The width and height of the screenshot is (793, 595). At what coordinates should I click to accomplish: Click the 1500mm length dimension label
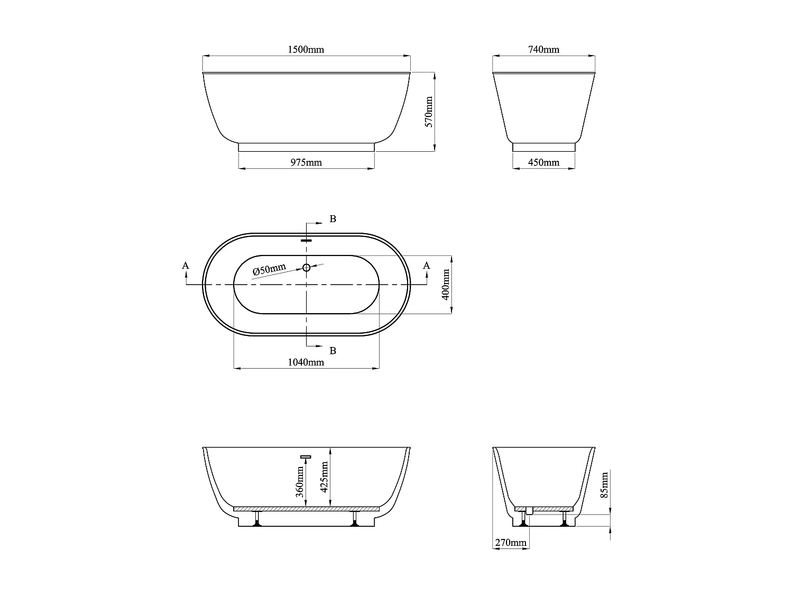click(x=306, y=50)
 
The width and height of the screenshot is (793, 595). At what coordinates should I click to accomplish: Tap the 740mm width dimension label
click(x=543, y=50)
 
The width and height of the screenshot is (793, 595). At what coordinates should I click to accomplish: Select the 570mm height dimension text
click(x=429, y=112)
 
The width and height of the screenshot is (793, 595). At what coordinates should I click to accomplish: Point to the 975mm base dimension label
click(x=306, y=162)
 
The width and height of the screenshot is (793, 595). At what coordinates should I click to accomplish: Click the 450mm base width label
click(x=543, y=162)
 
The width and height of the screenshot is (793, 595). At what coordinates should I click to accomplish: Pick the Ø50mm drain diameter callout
click(x=269, y=269)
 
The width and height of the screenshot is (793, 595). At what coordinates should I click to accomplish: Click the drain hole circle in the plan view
click(x=306, y=268)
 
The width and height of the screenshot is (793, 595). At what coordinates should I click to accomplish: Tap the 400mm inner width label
click(x=446, y=285)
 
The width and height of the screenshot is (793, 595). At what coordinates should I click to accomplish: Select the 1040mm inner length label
click(x=306, y=362)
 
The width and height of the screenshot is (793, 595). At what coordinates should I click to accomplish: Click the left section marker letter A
click(x=186, y=266)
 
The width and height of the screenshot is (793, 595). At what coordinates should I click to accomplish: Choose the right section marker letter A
click(x=427, y=266)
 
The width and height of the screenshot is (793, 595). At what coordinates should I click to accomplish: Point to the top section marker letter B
click(x=333, y=219)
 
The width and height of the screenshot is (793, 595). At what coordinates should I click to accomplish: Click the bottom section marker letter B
click(x=333, y=351)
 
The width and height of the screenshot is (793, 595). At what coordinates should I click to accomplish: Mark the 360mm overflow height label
click(x=300, y=481)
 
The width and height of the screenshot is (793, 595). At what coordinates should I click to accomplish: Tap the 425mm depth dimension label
click(x=325, y=476)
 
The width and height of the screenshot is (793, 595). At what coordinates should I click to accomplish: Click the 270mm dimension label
click(x=511, y=543)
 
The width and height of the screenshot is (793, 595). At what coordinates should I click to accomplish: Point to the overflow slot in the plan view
click(x=306, y=240)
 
